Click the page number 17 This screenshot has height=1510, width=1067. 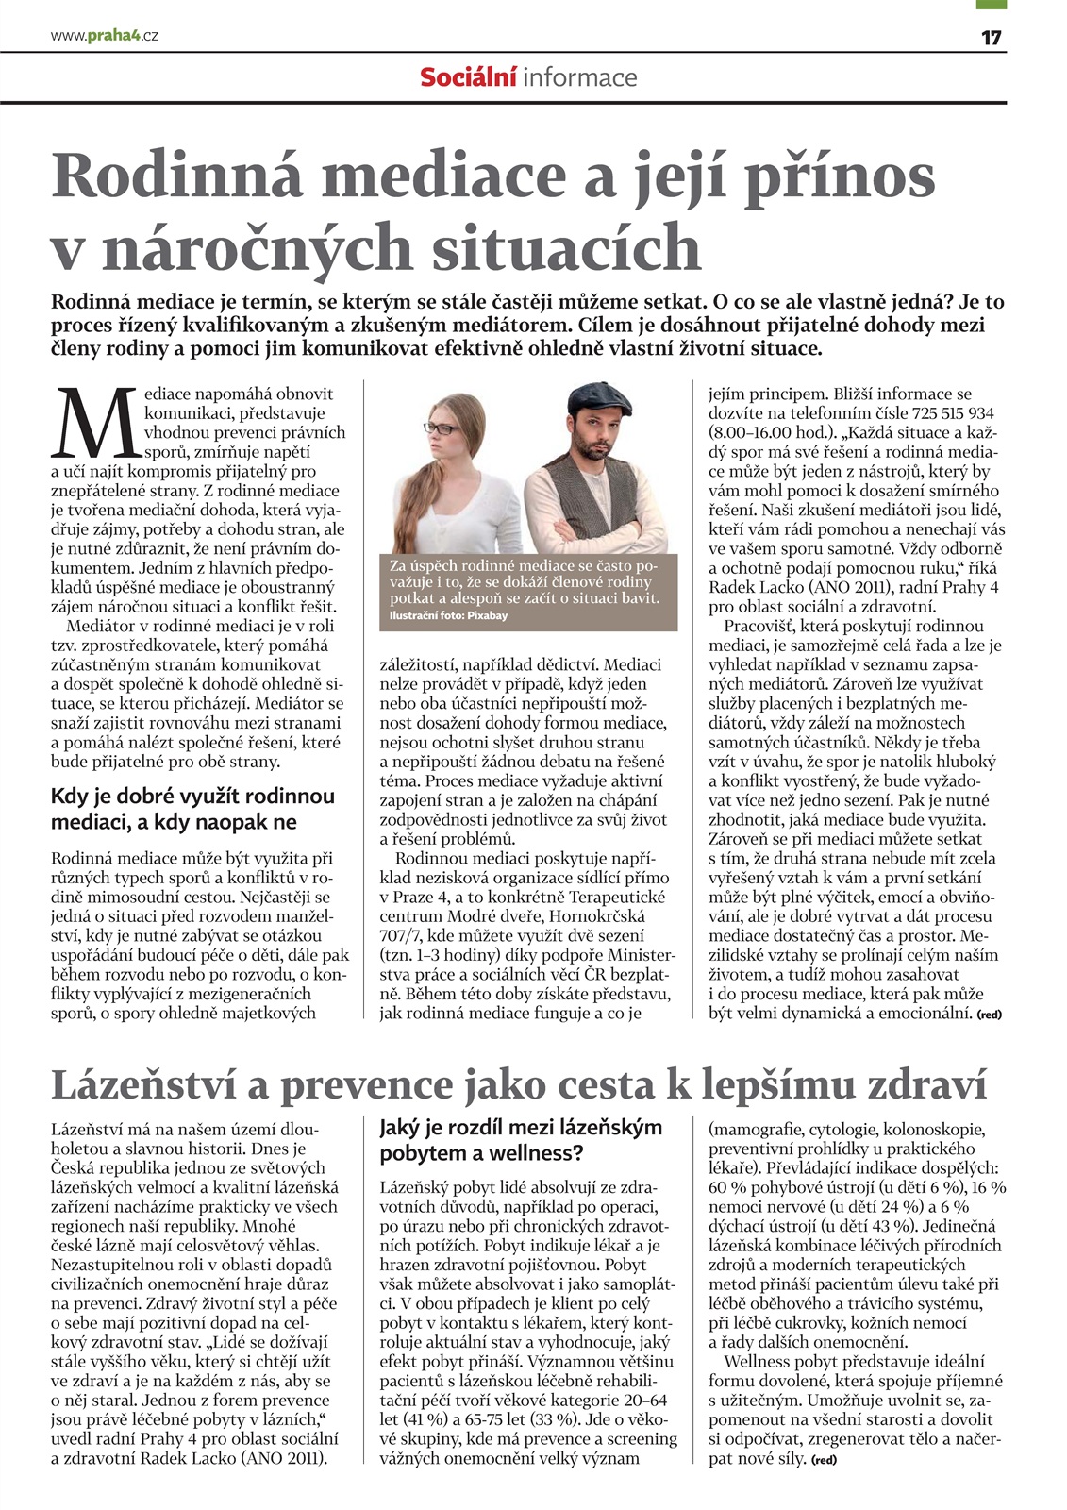[x=991, y=38]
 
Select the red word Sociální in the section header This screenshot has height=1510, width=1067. [x=468, y=77]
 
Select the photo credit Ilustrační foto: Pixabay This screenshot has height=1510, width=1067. [x=448, y=616]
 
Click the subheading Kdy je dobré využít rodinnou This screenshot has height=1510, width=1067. [x=192, y=797]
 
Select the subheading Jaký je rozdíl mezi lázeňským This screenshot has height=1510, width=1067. [x=521, y=1128]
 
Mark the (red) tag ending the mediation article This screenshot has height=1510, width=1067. [x=989, y=1015]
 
